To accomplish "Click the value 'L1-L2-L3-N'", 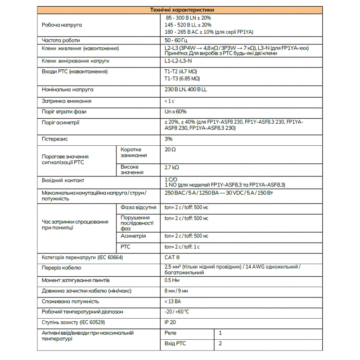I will tap(178, 61).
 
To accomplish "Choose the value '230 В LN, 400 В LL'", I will tap(186, 90).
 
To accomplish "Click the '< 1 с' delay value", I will tap(170, 101).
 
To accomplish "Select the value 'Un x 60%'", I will tap(175, 112).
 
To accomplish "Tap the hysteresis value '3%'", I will tap(169, 139).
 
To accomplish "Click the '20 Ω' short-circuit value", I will tap(170, 149).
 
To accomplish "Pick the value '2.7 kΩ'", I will tap(172, 167).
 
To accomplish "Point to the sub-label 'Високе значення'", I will tap(132, 170).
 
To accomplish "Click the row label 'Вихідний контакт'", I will tap(63, 180).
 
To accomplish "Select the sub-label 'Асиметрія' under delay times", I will tap(133, 236).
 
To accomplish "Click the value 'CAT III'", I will tap(172, 257).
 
